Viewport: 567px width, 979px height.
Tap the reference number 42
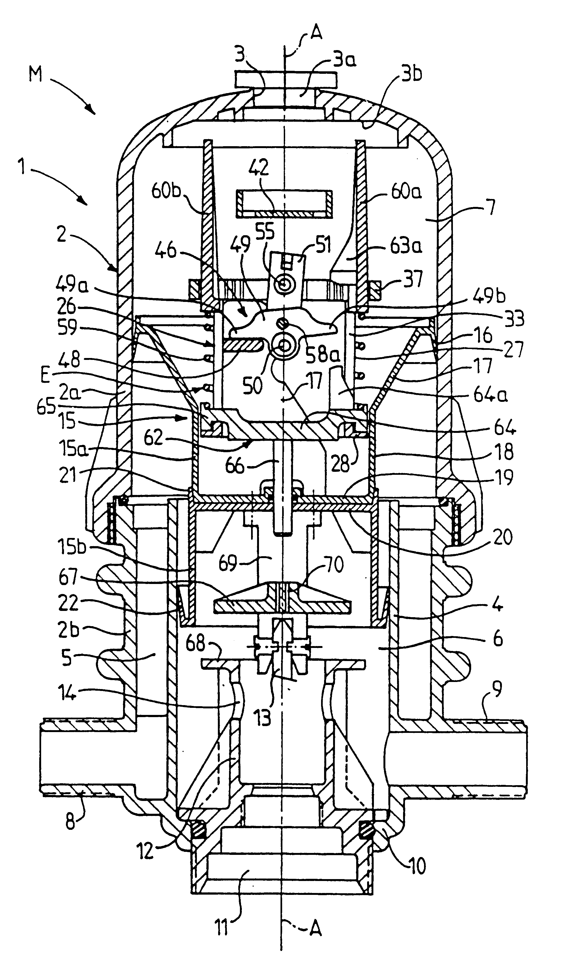point(260,169)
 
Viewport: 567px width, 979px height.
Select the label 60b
point(166,192)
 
